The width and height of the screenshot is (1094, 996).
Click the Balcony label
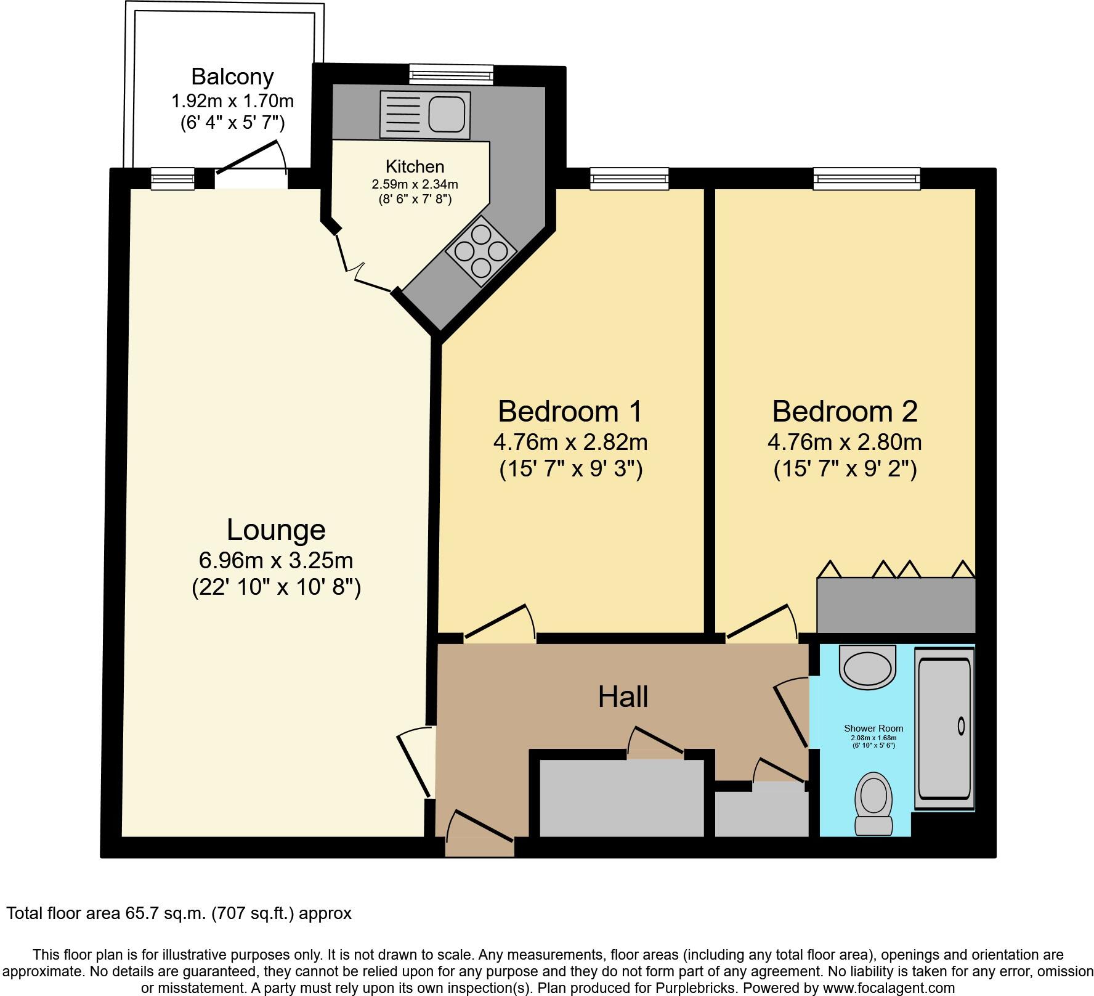tap(232, 76)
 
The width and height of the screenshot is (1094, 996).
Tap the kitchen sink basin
tap(445, 113)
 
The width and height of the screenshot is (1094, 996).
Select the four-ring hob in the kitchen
tap(480, 251)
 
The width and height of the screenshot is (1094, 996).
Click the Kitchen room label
tap(415, 166)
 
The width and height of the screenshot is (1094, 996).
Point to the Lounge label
tap(276, 529)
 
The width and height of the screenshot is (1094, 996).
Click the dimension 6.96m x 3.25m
tap(276, 560)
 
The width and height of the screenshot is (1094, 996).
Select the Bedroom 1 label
tap(570, 411)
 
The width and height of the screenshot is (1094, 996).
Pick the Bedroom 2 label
tap(845, 411)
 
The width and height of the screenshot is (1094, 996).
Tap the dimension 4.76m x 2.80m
tap(845, 442)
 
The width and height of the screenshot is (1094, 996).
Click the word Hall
tap(623, 697)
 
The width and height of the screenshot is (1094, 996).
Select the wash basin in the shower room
tap(867, 667)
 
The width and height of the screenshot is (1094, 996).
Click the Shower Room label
tap(873, 729)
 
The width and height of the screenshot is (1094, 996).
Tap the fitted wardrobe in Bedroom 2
tap(896, 605)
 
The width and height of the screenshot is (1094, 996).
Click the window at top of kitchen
tap(452, 75)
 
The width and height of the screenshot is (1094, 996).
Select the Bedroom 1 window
tap(629, 179)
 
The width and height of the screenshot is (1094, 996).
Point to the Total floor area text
tap(179, 913)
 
